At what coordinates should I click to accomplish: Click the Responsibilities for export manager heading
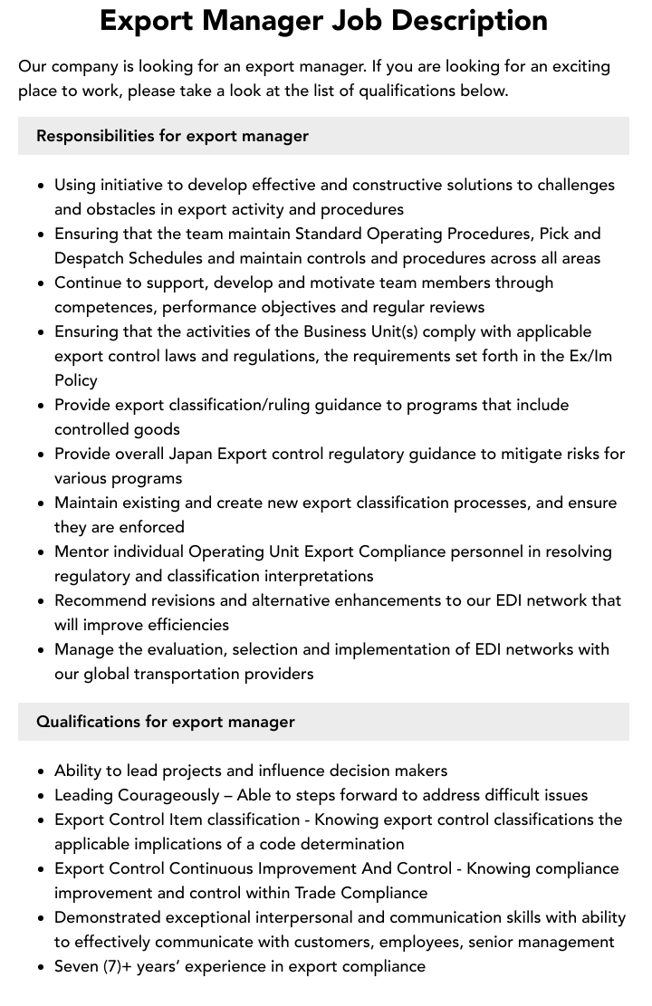coord(172,136)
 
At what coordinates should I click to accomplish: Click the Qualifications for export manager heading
coord(166,722)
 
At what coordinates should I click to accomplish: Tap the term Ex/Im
coord(590,356)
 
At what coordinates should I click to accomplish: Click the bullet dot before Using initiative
coord(41,186)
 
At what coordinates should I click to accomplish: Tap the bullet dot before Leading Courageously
coord(41,796)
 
